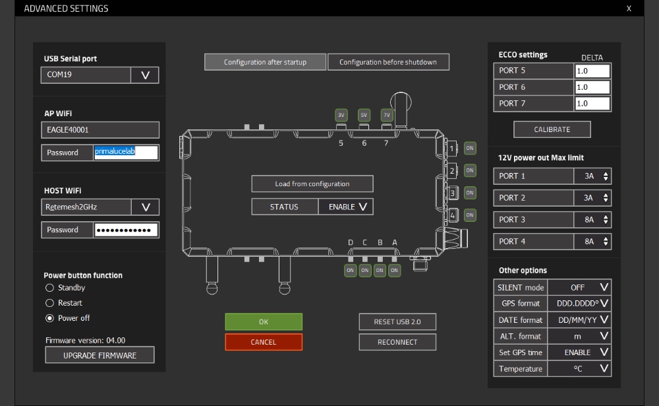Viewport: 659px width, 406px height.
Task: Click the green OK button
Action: [x=264, y=321]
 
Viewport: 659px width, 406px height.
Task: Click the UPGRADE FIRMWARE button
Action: [x=100, y=355]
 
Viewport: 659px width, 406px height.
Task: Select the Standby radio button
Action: [x=49, y=288]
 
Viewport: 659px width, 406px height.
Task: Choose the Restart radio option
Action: [x=49, y=303]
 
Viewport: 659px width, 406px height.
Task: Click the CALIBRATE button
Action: [x=552, y=129]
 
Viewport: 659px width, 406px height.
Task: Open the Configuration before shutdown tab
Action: [x=388, y=62]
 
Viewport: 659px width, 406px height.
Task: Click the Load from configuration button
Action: [x=312, y=184]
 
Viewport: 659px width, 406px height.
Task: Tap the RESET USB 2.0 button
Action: [x=397, y=321]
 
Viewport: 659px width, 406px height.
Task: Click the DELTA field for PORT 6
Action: [x=592, y=87]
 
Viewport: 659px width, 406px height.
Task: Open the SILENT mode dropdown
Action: [x=604, y=287]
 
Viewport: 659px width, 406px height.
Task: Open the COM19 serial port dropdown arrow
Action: [x=145, y=75]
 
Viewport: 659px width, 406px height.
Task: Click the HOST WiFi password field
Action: [x=126, y=230]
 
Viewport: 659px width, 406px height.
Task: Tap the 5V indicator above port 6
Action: [x=364, y=115]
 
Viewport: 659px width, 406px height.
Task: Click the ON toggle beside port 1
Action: [x=470, y=148]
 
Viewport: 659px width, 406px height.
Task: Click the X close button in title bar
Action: [x=629, y=9]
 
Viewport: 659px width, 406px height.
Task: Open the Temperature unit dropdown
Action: [x=604, y=368]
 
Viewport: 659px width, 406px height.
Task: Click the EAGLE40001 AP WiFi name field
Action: [x=100, y=130]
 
